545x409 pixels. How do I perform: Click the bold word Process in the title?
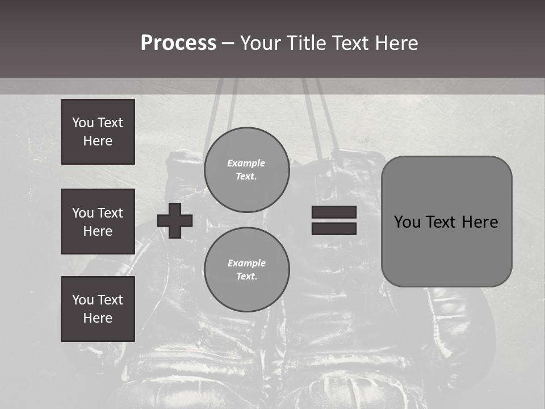pyautogui.click(x=178, y=43)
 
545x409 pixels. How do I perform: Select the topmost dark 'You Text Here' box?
pyautogui.click(x=98, y=132)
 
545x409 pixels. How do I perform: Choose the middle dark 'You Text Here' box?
pyautogui.click(x=98, y=222)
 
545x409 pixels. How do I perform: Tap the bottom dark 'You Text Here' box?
pyautogui.click(x=98, y=308)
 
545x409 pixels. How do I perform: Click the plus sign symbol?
pyautogui.click(x=175, y=220)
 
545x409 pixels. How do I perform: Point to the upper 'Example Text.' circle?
pyautogui.click(x=246, y=170)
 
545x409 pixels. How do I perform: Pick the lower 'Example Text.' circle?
pyautogui.click(x=246, y=270)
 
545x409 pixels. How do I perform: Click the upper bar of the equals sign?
pyautogui.click(x=334, y=212)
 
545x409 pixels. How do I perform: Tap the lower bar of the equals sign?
pyautogui.click(x=334, y=229)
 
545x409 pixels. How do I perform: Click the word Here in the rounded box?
pyautogui.click(x=480, y=222)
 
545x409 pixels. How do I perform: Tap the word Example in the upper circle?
pyautogui.click(x=246, y=164)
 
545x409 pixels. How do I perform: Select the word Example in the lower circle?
pyautogui.click(x=246, y=264)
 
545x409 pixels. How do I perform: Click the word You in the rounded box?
pyautogui.click(x=406, y=222)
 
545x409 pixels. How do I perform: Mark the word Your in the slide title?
pyautogui.click(x=259, y=43)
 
